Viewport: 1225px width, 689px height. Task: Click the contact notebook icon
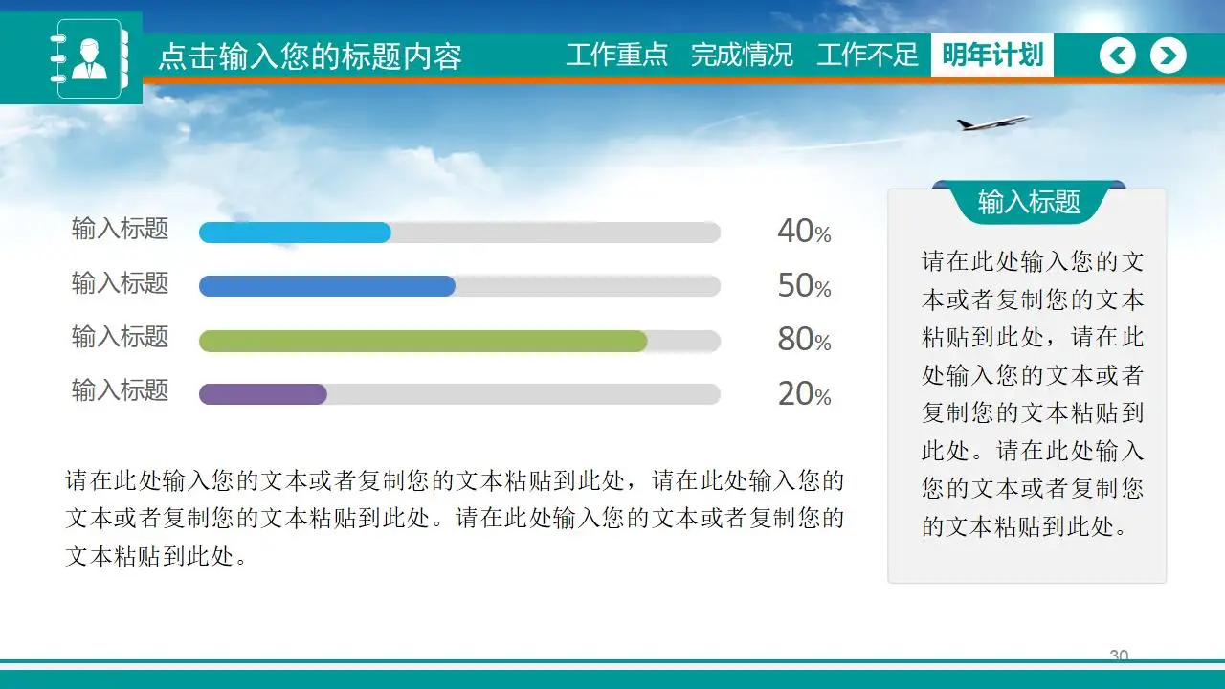[89, 58]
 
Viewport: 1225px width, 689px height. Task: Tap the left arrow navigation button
[1118, 56]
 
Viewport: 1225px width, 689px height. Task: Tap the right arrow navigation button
[1169, 56]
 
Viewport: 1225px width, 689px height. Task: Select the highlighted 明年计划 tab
[992, 55]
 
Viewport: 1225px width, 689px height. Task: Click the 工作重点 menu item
[617, 55]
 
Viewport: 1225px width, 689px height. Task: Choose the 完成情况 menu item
[742, 55]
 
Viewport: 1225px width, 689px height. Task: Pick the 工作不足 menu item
[867, 55]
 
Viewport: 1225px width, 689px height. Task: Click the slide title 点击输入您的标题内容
[310, 56]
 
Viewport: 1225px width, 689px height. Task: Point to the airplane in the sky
[992, 122]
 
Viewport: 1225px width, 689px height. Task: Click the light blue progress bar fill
[295, 233]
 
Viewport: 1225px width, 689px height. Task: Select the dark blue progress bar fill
[327, 286]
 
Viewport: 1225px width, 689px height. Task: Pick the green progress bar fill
[423, 341]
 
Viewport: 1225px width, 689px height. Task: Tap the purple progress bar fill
[263, 394]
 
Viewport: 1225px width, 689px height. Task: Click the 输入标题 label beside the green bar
[120, 336]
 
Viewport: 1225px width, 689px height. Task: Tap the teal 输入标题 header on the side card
[1029, 202]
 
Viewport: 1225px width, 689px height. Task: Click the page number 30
[1119, 656]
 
